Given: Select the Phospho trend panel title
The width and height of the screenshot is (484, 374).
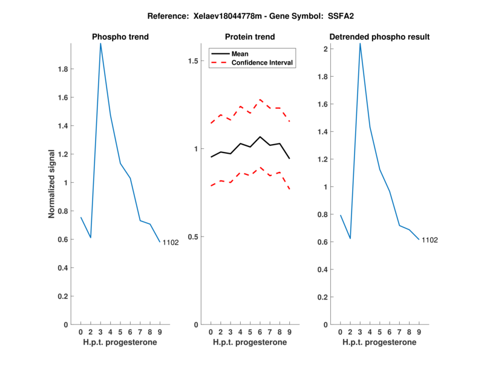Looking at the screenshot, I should [120, 37].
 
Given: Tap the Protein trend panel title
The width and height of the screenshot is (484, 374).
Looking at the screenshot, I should [250, 37].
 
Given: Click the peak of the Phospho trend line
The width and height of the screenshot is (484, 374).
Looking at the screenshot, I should [100, 44].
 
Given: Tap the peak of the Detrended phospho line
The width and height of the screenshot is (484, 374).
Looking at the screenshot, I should [360, 44].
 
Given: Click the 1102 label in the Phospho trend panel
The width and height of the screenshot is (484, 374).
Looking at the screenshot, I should [171, 243].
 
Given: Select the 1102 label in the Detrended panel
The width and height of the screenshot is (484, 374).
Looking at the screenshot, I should [430, 240].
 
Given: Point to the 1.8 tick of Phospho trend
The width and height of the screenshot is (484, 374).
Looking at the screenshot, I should [62, 69].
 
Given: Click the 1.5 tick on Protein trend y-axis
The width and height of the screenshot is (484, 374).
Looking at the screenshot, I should [194, 61].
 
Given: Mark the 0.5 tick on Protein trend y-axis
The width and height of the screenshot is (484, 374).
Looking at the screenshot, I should [194, 237].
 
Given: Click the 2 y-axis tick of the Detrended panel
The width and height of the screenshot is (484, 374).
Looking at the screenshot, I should [325, 48].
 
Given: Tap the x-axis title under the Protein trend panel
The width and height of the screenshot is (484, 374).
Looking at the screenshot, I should [250, 343].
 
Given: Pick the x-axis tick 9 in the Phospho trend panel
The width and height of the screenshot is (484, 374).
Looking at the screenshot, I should [160, 332].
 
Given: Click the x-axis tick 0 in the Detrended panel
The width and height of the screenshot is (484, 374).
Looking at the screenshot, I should [340, 332].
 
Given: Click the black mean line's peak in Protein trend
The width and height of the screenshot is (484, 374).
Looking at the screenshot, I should [260, 137].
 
